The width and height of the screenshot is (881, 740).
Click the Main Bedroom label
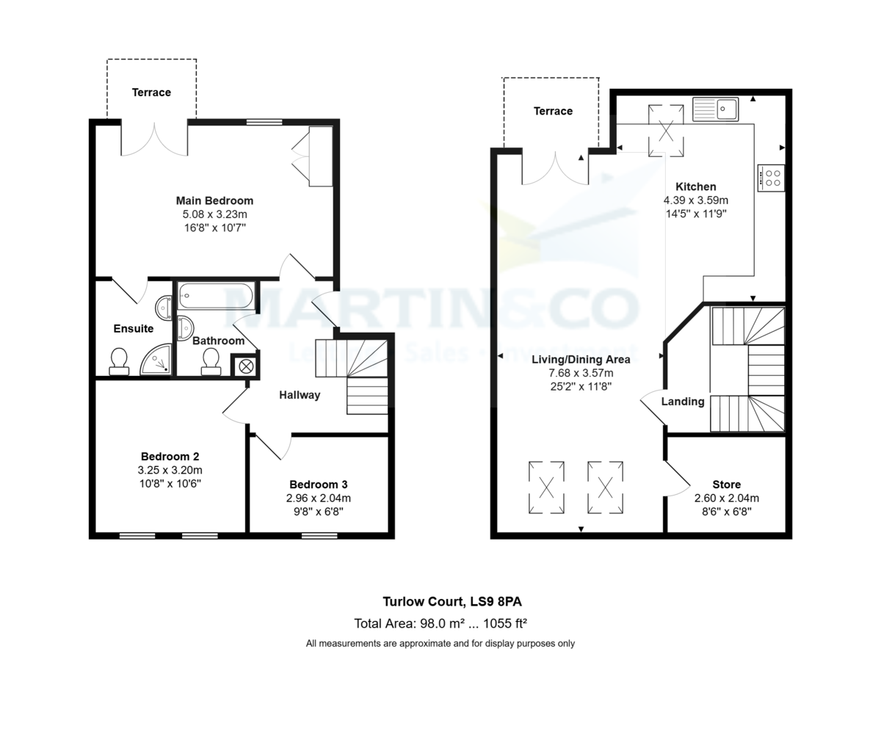tap(214, 200)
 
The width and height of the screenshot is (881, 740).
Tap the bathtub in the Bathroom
tap(216, 296)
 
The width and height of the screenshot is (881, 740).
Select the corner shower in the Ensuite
tap(156, 360)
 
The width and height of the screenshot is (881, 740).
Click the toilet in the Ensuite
tap(118, 360)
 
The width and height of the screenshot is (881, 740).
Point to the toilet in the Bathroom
tap(211, 360)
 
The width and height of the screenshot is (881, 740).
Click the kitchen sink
tap(716, 109)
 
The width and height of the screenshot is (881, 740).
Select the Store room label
tap(726, 485)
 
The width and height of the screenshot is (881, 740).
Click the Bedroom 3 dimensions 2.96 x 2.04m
tap(319, 498)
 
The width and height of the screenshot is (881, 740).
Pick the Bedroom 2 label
tap(170, 457)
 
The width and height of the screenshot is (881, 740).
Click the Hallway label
tap(300, 395)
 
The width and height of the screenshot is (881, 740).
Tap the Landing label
tap(683, 402)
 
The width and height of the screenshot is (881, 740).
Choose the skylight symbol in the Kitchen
tap(666, 131)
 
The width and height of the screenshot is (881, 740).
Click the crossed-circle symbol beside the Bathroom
tap(245, 366)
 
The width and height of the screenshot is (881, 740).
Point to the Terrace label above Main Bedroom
tap(151, 92)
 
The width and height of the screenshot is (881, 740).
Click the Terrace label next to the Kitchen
tap(553, 111)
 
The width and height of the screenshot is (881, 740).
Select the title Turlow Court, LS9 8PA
tap(452, 602)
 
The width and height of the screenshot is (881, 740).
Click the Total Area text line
tap(440, 624)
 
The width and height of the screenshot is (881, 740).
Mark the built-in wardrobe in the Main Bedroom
tap(320, 156)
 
